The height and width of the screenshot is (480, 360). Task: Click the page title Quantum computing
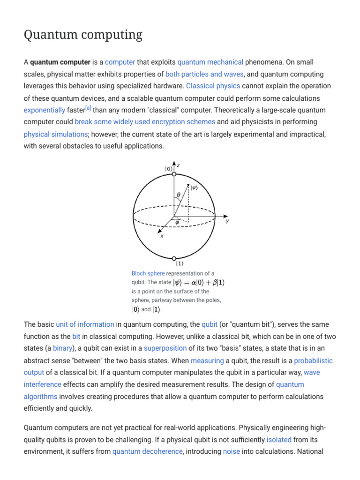point(83,35)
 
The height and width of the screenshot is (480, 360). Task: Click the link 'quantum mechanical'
point(210,62)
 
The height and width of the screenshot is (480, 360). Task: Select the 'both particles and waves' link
point(204,74)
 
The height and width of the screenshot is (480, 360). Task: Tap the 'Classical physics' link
point(213,86)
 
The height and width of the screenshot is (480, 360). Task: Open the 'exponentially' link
point(45,110)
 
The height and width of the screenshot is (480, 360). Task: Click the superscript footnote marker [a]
point(88,108)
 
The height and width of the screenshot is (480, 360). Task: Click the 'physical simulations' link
point(55,134)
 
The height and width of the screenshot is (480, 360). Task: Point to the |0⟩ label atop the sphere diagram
point(168,169)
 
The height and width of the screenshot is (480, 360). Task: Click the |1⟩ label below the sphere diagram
point(180,264)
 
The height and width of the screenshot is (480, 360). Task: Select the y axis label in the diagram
point(227,221)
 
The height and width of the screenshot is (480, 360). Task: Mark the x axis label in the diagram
point(162,236)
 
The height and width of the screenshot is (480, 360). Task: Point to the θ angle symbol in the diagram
point(179,195)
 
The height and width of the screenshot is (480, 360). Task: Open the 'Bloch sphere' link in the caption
point(148,273)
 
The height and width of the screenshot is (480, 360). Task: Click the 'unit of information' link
point(85,324)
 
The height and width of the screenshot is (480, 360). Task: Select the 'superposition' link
point(165,348)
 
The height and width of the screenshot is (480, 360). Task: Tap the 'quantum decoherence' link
point(147,452)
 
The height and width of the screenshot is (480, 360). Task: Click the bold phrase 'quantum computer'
point(60,62)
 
